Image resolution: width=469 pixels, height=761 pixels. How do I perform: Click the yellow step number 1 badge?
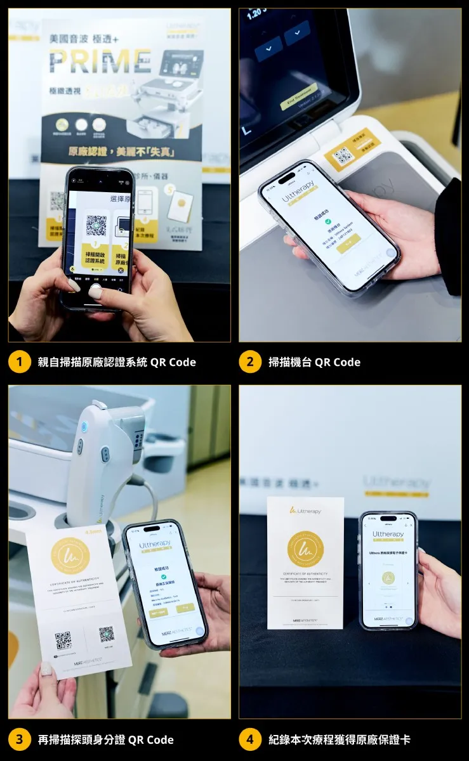click(x=20, y=362)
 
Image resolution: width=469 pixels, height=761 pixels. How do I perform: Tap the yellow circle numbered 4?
click(x=250, y=739)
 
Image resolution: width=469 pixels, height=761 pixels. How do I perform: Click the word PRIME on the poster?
click(x=100, y=61)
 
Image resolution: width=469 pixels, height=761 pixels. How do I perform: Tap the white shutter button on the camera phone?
click(x=95, y=292)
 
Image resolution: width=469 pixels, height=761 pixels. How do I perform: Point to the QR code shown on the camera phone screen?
click(x=96, y=225)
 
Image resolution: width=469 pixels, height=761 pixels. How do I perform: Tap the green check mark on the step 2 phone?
click(x=328, y=221)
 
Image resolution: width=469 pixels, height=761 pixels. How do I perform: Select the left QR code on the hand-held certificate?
click(x=63, y=641)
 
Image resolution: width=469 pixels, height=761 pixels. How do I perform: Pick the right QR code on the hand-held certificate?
click(x=106, y=634)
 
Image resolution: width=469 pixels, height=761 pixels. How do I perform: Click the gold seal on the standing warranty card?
click(x=305, y=549)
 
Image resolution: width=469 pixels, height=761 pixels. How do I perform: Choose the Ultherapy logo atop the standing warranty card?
click(x=305, y=511)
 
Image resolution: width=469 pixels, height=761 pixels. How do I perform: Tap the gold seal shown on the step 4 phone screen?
click(x=388, y=578)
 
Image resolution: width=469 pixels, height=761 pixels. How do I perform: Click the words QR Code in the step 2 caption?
click(x=338, y=362)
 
